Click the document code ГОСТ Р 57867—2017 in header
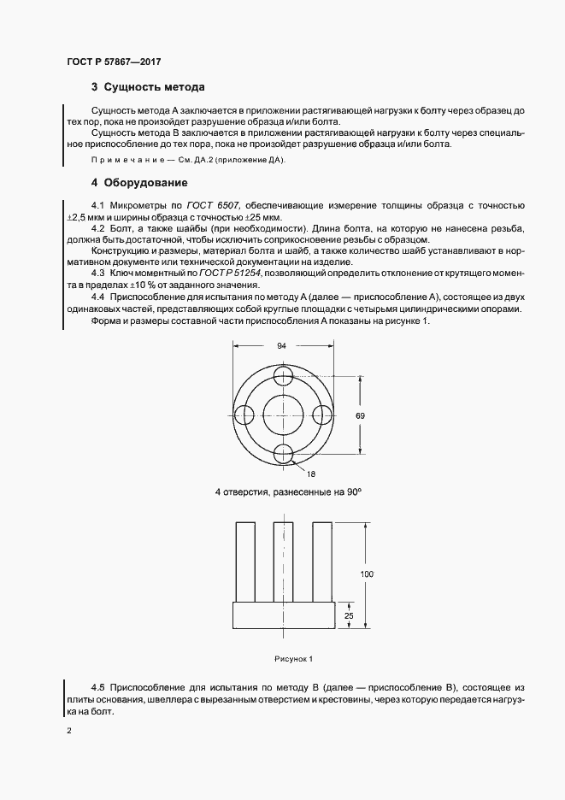pos(114,62)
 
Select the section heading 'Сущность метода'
pos(154,87)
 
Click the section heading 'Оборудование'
pos(146,183)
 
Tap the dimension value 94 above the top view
pos(281,345)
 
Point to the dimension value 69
pos(360,415)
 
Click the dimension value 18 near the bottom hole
pos(311,473)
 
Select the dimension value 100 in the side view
pos(367,574)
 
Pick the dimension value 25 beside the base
pos(349,615)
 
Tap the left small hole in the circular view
pos(243,415)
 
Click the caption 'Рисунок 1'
pos(294,658)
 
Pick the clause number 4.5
pos(97,686)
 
